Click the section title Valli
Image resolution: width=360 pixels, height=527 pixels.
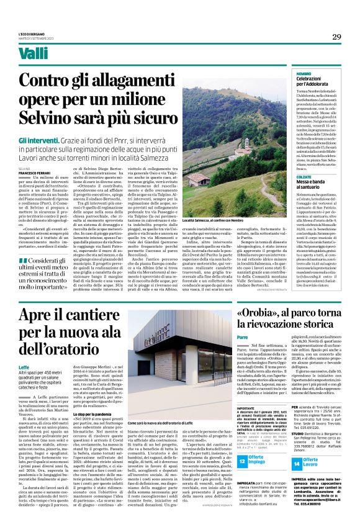(33, 54)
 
